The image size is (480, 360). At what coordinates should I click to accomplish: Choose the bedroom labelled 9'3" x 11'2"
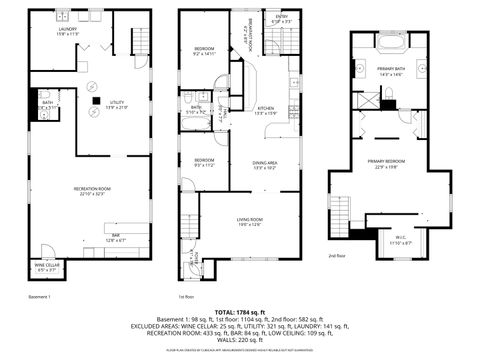click(x=204, y=161)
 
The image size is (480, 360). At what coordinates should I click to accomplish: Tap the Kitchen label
click(x=266, y=110)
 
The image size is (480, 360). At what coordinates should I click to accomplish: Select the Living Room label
click(x=249, y=222)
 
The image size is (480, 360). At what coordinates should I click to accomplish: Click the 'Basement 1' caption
click(x=40, y=297)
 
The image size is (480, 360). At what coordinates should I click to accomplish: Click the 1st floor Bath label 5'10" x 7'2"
click(x=197, y=109)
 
